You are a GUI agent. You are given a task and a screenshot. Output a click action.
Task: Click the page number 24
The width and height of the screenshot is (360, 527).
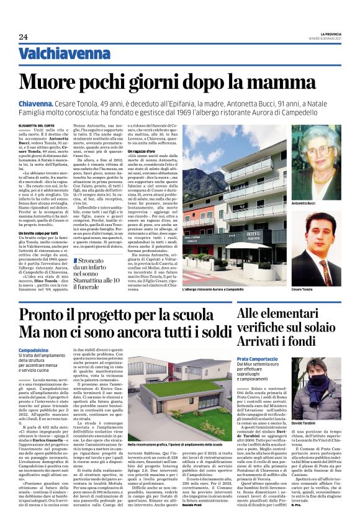(x=23, y=37)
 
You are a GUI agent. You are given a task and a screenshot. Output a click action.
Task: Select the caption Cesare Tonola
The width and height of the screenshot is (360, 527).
(x=302, y=289)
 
